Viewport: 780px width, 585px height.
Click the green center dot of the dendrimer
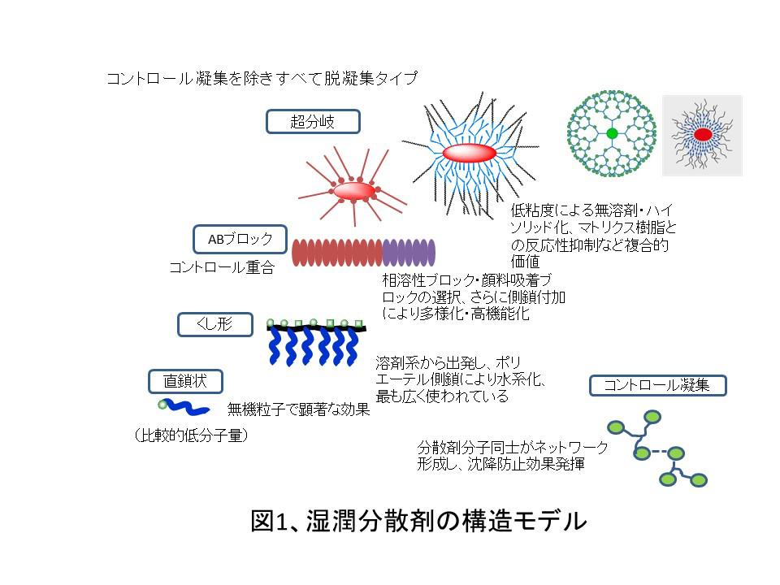point(612,133)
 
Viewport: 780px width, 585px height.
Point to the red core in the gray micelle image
point(702,134)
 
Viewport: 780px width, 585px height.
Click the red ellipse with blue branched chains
point(469,154)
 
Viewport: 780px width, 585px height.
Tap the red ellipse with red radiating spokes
point(353,190)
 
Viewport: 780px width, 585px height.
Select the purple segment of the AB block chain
point(409,252)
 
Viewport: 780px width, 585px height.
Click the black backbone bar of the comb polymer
point(316,327)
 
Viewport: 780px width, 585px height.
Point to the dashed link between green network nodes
point(659,452)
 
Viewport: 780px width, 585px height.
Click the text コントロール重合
point(222,267)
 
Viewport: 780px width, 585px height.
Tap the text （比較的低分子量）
point(191,435)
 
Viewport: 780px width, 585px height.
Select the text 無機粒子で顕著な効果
point(298,409)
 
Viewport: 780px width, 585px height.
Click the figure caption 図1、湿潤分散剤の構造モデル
point(419,521)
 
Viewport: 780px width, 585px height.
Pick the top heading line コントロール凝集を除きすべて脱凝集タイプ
point(262,78)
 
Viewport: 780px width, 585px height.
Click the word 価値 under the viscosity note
point(526,261)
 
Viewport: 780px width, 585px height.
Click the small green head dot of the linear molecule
point(162,405)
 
